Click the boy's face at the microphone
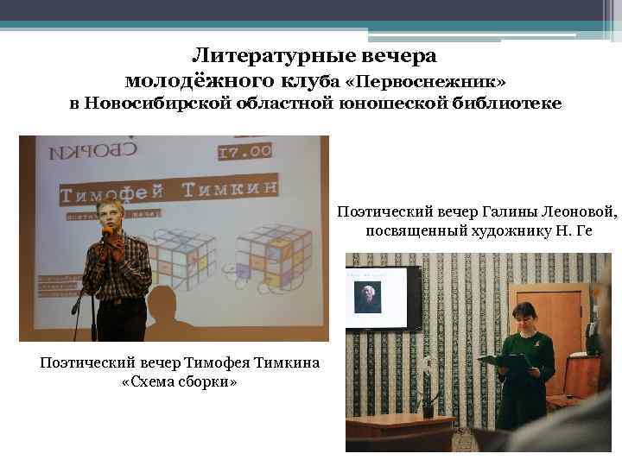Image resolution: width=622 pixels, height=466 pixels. point(113,217)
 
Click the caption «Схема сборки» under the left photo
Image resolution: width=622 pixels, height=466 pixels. point(180,381)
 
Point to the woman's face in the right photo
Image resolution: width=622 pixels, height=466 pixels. point(524,318)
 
